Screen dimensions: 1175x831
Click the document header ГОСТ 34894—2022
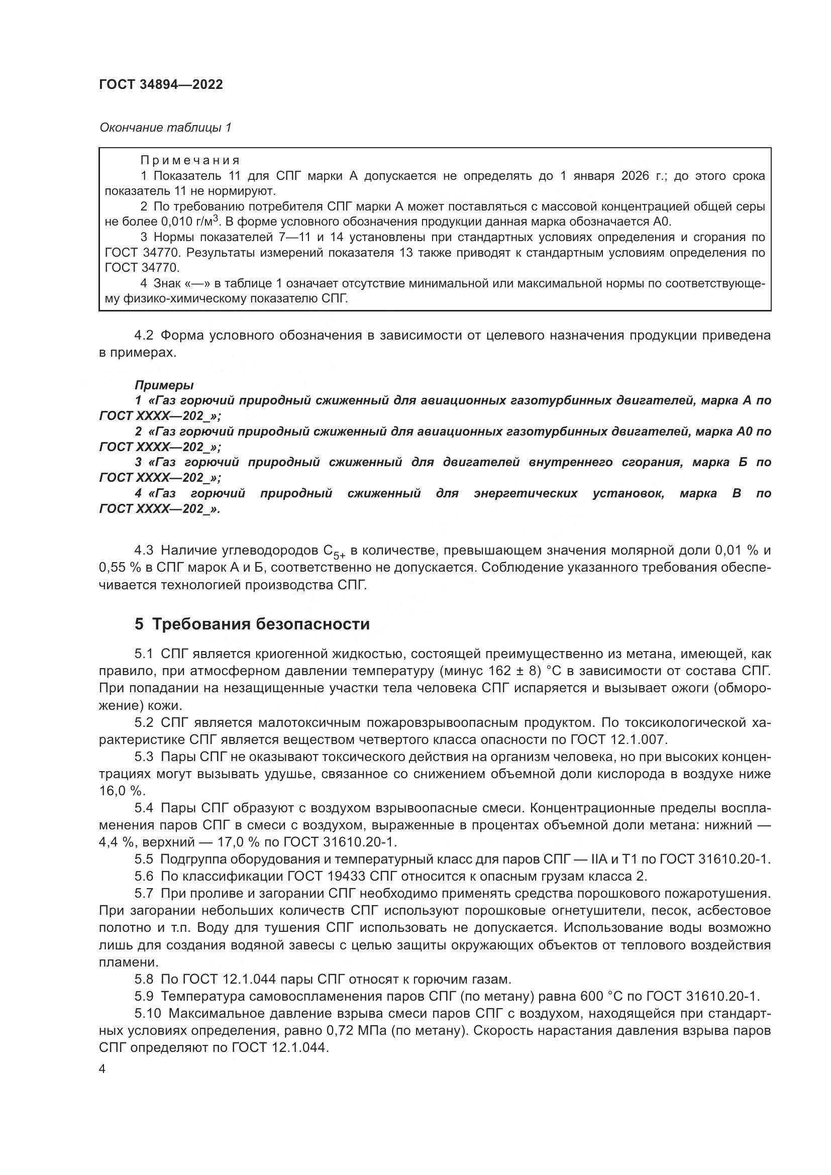[161, 85]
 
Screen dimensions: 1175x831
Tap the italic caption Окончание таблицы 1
[165, 128]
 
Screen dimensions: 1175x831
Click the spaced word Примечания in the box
[190, 161]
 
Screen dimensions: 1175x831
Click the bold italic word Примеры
[164, 384]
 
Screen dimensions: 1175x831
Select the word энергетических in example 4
[526, 493]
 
